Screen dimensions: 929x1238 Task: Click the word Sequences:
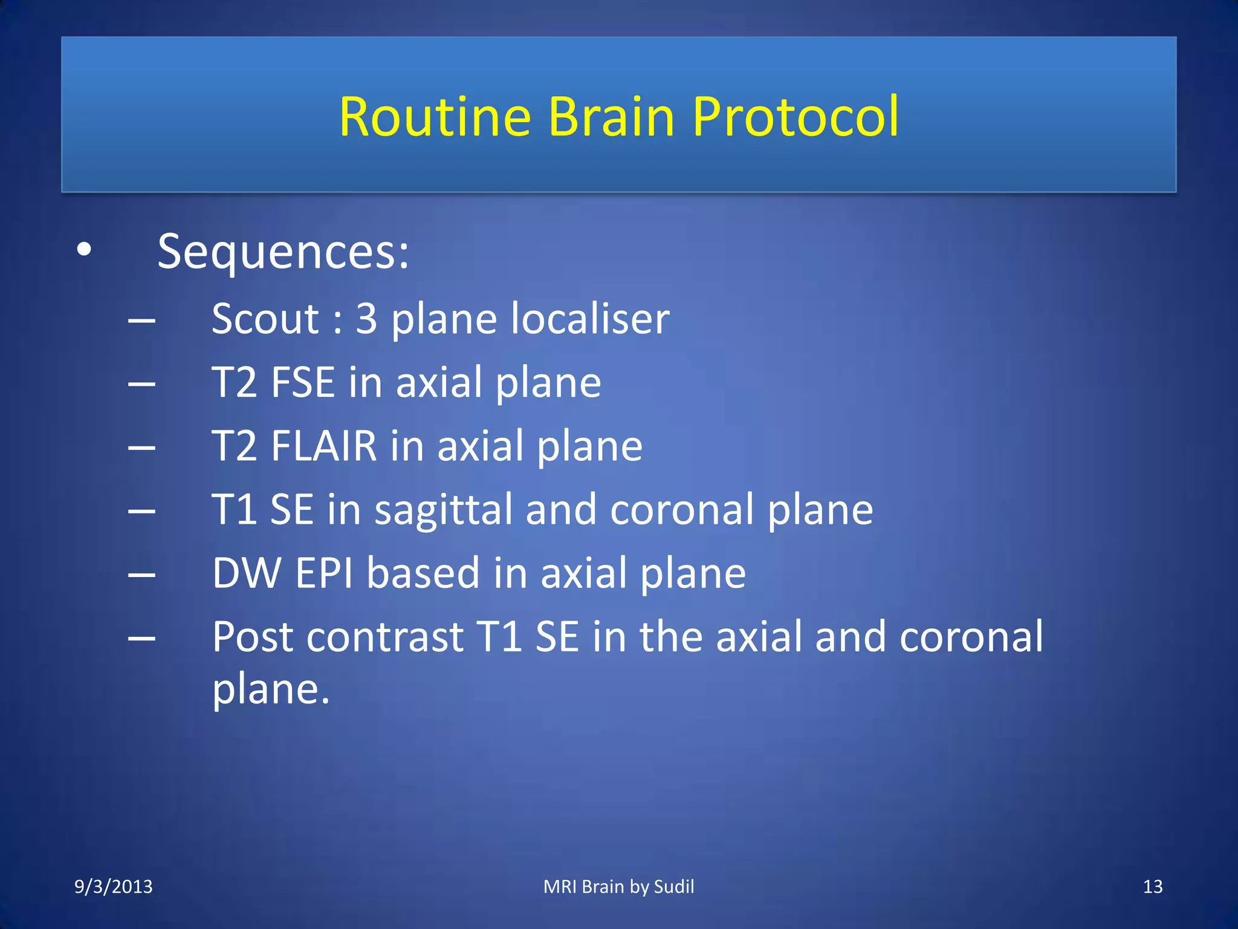[283, 253]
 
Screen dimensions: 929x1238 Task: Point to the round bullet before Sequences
[84, 249]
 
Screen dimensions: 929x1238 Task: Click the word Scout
[265, 319]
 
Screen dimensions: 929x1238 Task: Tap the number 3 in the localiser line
[366, 319]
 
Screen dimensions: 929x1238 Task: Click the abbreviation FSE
[303, 382]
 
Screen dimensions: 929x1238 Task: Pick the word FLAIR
[324, 446]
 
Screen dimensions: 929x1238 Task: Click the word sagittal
[443, 510]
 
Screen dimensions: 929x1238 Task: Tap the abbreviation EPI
[324, 573]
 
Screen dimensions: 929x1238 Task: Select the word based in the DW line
[423, 573]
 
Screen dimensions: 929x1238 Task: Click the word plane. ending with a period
[271, 689]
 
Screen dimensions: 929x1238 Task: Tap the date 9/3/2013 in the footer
[113, 887]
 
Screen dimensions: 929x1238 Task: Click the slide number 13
[1152, 887]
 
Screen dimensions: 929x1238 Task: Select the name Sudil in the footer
[673, 887]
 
